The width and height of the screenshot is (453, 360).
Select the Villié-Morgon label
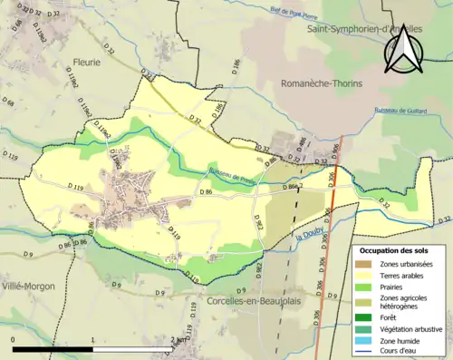(x=28, y=286)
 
